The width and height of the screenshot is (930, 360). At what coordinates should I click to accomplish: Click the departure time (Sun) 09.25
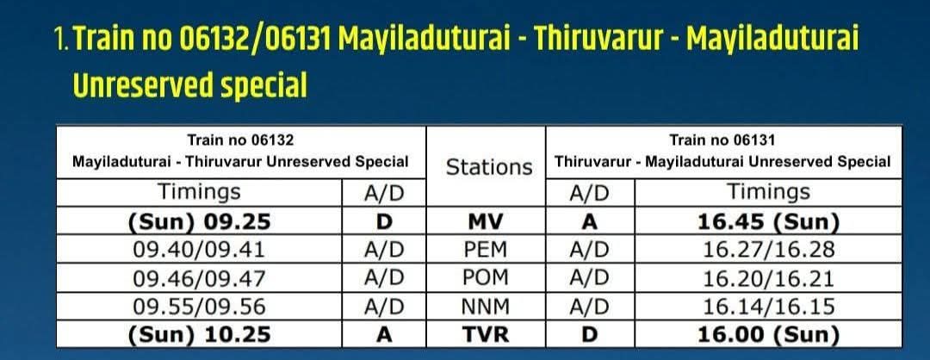pyautogui.click(x=199, y=222)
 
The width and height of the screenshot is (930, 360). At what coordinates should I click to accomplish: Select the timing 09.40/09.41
pyautogui.click(x=199, y=251)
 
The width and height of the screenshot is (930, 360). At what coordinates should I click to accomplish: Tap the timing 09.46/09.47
pyautogui.click(x=199, y=278)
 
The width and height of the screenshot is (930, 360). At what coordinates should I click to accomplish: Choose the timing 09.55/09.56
pyautogui.click(x=199, y=307)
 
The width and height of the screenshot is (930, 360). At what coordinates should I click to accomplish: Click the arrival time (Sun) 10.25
pyautogui.click(x=199, y=334)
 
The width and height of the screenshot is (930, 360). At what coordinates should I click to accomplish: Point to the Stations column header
pyautogui.click(x=488, y=166)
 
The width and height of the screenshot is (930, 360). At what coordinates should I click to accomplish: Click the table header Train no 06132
pyautogui.click(x=241, y=140)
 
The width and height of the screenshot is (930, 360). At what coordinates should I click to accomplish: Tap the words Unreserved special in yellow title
pyautogui.click(x=190, y=86)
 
